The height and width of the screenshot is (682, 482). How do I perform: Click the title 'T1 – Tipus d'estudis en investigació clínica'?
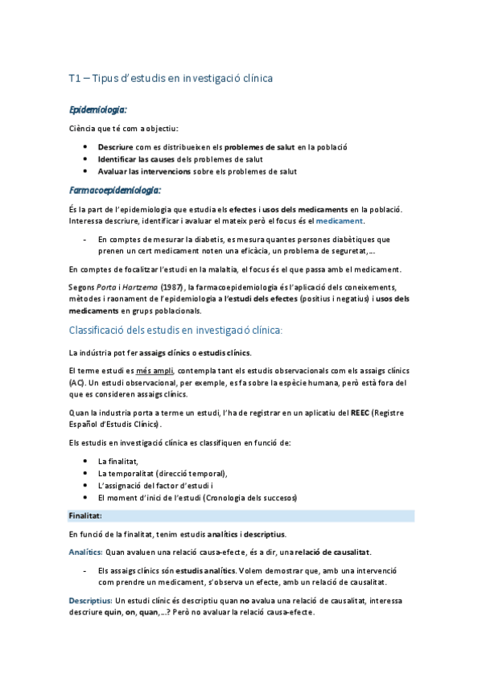[171, 78]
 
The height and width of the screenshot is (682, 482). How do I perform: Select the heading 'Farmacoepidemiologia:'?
[114, 190]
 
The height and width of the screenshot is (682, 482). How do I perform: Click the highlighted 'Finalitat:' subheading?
[85, 515]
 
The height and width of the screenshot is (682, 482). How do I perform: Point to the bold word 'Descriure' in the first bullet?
[115, 148]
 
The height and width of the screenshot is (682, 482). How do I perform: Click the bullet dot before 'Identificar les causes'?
[85, 159]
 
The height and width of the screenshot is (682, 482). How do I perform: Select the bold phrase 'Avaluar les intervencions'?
[144, 170]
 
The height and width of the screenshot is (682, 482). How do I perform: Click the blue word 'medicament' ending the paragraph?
[340, 220]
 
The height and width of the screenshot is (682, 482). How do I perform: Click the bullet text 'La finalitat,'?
[118, 461]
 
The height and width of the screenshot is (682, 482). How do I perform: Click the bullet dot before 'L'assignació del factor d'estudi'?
[85, 485]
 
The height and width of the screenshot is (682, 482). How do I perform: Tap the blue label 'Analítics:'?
[85, 552]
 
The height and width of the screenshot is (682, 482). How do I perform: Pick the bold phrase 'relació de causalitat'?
[332, 552]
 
